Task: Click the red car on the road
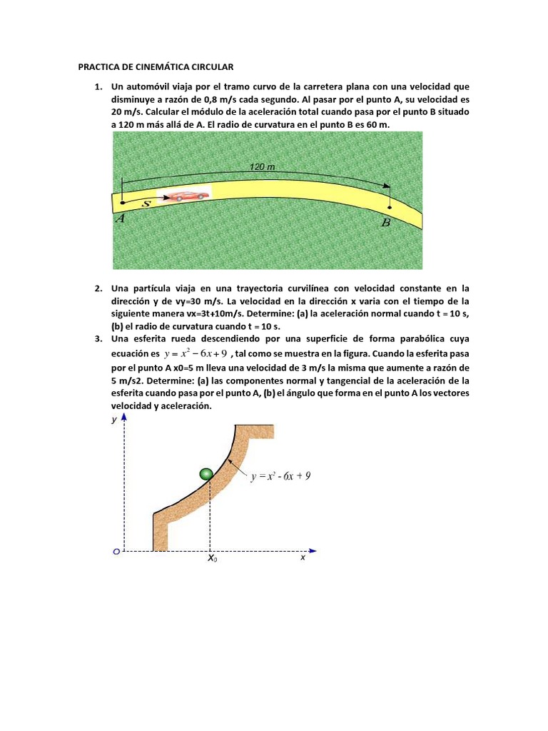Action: coord(186,196)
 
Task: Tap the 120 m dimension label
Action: coord(262,166)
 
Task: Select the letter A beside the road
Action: coord(121,219)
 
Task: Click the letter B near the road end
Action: coord(386,223)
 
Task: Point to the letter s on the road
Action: coord(146,203)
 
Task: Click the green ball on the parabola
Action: coord(207,473)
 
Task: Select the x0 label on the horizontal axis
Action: coord(213,559)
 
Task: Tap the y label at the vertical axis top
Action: coord(113,420)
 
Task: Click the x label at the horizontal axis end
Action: coord(303,558)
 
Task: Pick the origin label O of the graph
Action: coord(116,551)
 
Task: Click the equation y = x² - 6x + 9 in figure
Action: coord(280,476)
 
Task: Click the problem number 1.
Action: coord(97,87)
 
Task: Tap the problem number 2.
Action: coord(97,288)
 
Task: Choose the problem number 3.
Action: coord(97,338)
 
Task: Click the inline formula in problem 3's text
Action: coord(195,353)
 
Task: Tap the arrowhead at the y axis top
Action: coord(125,418)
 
